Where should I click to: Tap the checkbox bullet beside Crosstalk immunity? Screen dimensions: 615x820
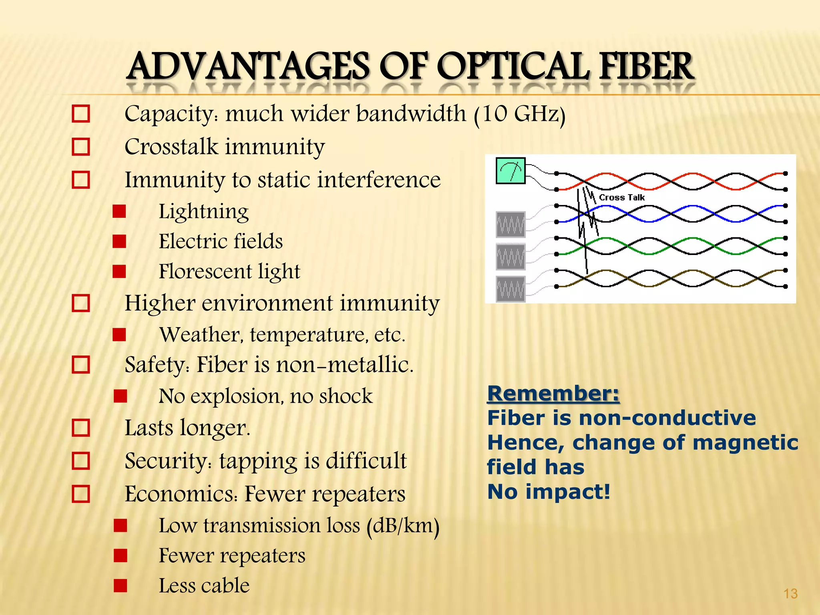click(x=81, y=147)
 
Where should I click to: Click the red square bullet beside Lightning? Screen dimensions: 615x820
click(x=119, y=211)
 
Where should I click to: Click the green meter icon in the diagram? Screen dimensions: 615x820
click(x=510, y=171)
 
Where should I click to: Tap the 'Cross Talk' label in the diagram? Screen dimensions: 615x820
click(x=621, y=197)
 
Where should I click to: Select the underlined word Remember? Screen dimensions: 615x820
click(x=553, y=393)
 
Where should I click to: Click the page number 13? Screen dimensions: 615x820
click(x=790, y=593)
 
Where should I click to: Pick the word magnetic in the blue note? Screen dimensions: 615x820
click(x=745, y=443)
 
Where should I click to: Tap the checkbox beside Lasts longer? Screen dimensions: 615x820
click(x=81, y=428)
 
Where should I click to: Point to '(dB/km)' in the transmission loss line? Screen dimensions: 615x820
click(x=403, y=526)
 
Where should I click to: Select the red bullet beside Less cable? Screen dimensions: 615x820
click(x=120, y=585)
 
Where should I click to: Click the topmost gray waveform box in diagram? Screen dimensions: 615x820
click(x=510, y=224)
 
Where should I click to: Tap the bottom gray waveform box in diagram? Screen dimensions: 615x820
click(x=510, y=289)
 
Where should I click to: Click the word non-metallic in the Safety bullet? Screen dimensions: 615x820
click(x=344, y=365)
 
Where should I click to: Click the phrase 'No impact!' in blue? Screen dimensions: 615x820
click(x=549, y=492)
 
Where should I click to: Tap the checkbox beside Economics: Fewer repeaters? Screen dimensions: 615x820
click(x=81, y=494)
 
